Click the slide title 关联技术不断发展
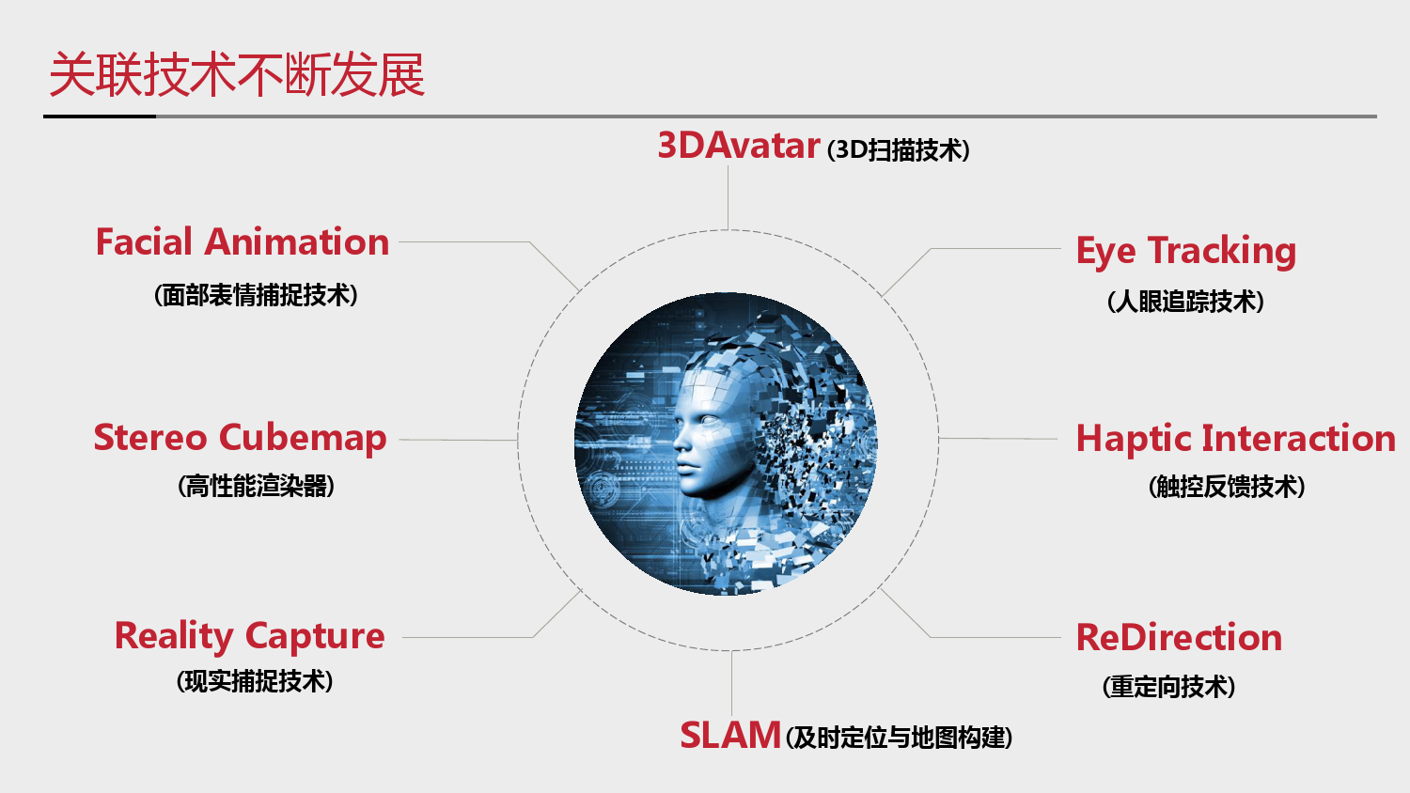(237, 75)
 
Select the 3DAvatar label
(739, 146)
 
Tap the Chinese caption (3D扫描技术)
(899, 149)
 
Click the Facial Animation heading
(243, 241)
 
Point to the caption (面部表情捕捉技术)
(256, 294)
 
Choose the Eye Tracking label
(1186, 251)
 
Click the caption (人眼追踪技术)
(1185, 301)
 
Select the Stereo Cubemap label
(240, 438)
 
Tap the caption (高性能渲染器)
(256, 486)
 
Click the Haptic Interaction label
(1236, 438)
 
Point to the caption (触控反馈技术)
(1227, 487)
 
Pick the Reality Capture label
(249, 636)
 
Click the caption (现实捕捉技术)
(255, 681)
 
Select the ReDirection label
(1179, 637)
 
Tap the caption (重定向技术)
(1168, 686)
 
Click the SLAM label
(730, 735)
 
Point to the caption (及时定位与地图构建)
(899, 737)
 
